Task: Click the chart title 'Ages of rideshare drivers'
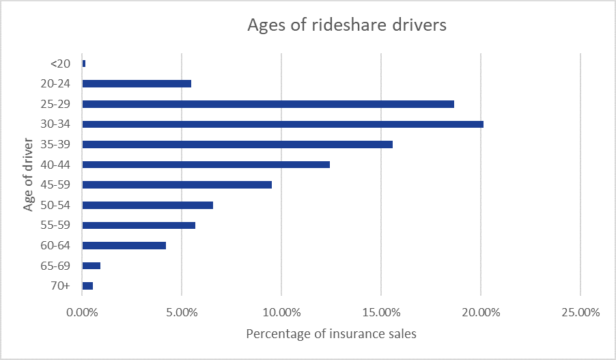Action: pos(346,26)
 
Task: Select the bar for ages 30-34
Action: pos(283,124)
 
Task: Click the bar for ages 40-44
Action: pos(206,165)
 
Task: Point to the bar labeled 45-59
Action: pos(177,184)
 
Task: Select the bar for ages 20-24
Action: pos(137,83)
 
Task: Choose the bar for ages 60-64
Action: pos(124,245)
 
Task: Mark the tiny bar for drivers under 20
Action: pos(84,64)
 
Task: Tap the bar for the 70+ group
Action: pos(87,286)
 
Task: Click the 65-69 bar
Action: pos(92,266)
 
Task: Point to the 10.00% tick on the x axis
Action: pos(281,313)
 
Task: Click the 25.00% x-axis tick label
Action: pos(580,313)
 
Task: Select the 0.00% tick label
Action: pos(82,313)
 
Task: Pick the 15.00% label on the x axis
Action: pos(381,313)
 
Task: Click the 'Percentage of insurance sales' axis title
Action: pos(331,334)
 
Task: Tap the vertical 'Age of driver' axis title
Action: pos(28,174)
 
